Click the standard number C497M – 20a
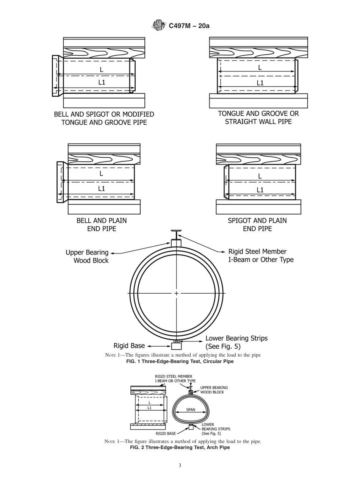189,26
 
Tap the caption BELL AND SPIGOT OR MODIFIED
104,114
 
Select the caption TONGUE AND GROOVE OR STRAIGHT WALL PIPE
258,117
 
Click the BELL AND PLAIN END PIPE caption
102,224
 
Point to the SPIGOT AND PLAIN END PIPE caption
257,224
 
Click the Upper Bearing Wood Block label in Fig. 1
87,257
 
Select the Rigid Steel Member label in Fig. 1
261,255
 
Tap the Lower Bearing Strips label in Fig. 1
236,342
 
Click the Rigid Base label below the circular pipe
129,346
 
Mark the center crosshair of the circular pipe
177,293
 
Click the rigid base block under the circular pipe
177,346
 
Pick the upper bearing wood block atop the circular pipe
177,243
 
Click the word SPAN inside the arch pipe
191,410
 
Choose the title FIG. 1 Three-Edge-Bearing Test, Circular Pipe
180,361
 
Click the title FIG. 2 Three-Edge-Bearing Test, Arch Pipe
180,448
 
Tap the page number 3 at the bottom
180,466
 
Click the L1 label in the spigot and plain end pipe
260,190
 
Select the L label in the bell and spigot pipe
102,69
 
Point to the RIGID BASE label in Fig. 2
166,433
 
